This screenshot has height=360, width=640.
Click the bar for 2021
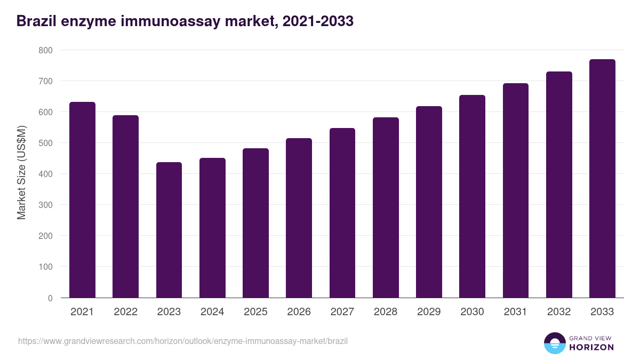tap(82, 200)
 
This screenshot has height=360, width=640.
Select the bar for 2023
tap(169, 230)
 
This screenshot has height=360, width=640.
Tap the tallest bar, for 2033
tap(602, 179)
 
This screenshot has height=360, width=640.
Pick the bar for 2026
tap(299, 218)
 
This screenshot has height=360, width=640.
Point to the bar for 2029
tap(429, 202)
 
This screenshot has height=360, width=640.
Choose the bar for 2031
tap(515, 190)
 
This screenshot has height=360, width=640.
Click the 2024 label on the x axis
tap(212, 312)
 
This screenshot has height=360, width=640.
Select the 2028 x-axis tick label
tap(386, 312)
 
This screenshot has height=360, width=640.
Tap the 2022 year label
tap(125, 312)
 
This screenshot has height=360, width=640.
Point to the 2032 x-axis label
tap(559, 312)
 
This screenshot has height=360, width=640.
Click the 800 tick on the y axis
tap(45, 50)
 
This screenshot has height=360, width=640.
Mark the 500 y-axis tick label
tap(45, 143)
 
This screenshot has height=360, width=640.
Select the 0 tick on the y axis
tap(50, 298)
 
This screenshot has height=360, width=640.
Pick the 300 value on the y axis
tap(45, 205)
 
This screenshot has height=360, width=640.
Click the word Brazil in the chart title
tap(36, 21)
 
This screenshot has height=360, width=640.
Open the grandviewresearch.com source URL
tap(182, 341)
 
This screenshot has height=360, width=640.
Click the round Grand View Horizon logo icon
tap(555, 343)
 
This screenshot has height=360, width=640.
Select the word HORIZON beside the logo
tap(591, 347)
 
